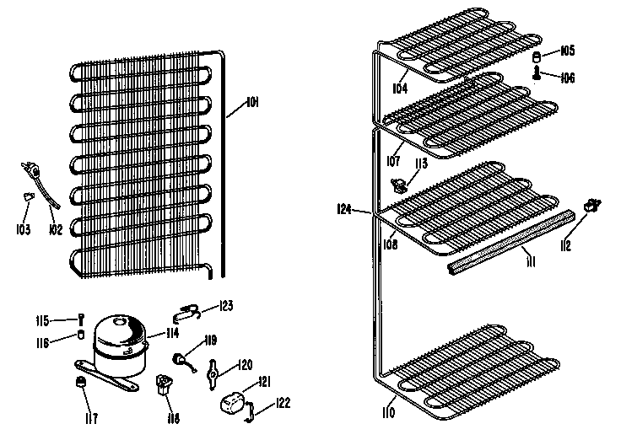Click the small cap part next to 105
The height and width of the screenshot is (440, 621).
tap(536, 57)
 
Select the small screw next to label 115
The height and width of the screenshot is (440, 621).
tap(81, 319)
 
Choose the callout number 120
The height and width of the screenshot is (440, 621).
tap(244, 364)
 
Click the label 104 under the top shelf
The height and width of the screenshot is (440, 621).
tap(399, 87)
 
